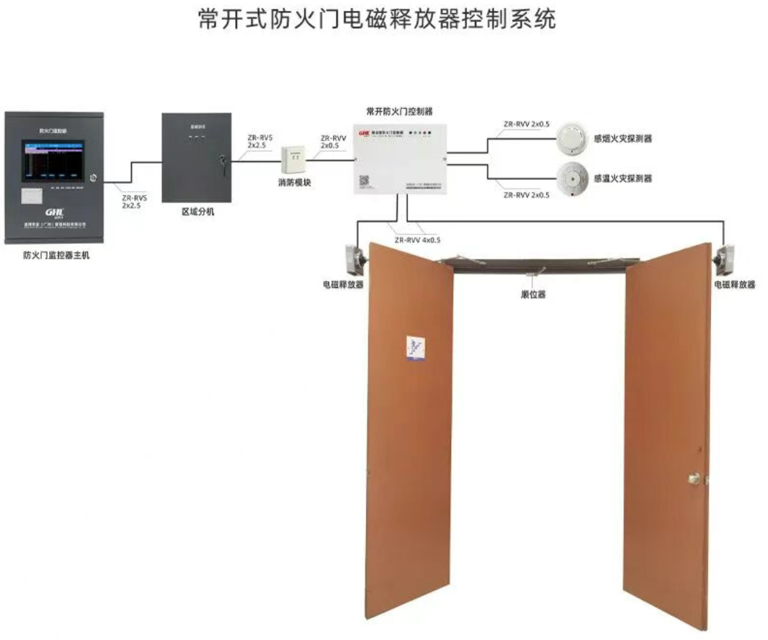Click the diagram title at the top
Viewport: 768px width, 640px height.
377,19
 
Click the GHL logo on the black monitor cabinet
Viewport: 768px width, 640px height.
54,214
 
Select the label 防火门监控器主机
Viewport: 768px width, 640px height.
56,255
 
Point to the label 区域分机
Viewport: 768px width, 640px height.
197,212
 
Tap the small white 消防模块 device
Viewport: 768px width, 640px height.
293,160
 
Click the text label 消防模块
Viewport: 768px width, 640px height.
294,183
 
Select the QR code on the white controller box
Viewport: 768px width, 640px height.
365,181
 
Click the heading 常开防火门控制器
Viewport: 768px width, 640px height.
399,112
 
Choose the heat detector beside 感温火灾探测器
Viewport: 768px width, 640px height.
572,178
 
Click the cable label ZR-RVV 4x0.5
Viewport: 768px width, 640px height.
417,240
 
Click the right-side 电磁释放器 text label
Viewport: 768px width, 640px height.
734,285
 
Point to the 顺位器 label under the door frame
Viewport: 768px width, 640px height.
533,294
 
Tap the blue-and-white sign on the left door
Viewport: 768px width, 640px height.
415,347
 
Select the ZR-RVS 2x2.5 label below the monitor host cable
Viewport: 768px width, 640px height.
134,202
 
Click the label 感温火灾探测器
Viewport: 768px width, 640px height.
623,179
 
